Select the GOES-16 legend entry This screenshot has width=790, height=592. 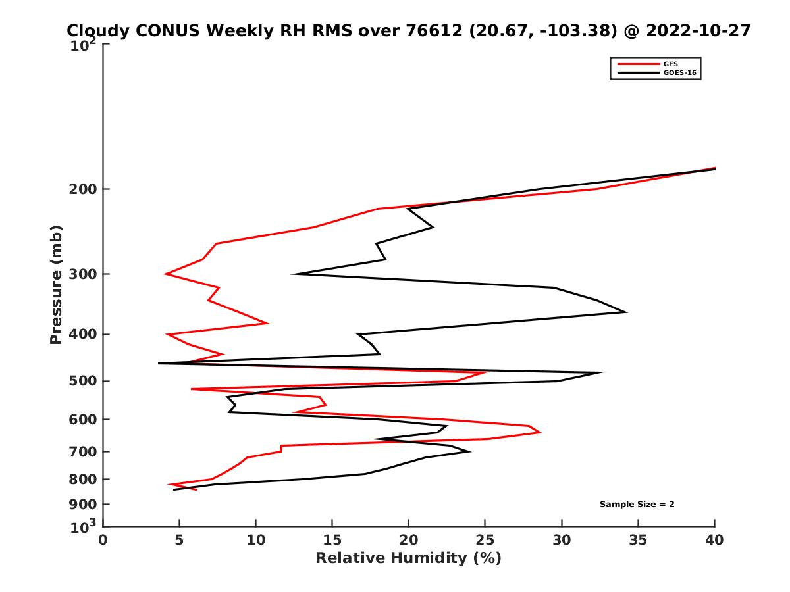(678, 73)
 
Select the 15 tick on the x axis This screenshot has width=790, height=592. (332, 540)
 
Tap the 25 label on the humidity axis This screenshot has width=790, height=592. (485, 540)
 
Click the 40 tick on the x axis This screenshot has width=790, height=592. (714, 540)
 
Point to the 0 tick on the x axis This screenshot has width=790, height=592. (103, 540)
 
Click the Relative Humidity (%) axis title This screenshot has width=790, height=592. (408, 558)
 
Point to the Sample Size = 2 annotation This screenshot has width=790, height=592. (637, 505)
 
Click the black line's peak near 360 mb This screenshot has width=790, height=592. (626, 312)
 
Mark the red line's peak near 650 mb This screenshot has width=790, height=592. (540, 432)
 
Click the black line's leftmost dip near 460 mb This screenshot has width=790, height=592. (159, 363)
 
